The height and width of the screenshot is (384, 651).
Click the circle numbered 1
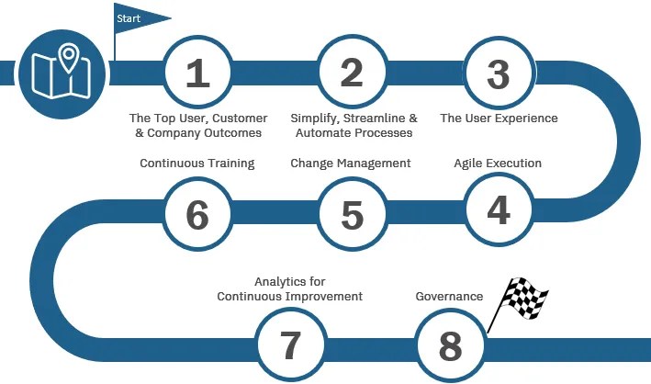pos(197,73)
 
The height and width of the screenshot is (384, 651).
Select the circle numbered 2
pos(352,73)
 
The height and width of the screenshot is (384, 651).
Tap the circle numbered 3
pos(498,73)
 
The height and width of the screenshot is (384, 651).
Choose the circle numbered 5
pos(352,214)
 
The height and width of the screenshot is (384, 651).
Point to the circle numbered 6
pos(197,214)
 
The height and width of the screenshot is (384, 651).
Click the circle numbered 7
pos(290,345)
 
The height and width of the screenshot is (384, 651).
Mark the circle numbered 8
pos(450,345)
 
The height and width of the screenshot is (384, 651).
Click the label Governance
pos(449,297)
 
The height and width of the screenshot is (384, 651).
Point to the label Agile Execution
pos(498,164)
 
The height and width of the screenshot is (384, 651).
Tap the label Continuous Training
pos(196,164)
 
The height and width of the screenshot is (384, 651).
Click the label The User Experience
pos(499,119)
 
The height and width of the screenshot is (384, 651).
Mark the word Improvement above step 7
pos(321,297)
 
